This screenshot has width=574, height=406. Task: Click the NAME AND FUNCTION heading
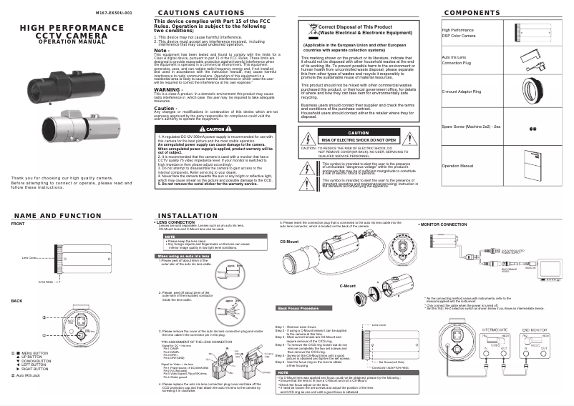(57, 215)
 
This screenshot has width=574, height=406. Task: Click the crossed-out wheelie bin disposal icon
(310, 29)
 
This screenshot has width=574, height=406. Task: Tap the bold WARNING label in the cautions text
(167, 90)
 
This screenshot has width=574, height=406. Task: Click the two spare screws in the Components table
(532, 129)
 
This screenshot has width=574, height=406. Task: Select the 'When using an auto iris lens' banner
(183, 255)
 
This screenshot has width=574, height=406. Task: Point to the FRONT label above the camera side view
(17, 224)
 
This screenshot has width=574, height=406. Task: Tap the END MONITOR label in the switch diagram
(536, 330)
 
